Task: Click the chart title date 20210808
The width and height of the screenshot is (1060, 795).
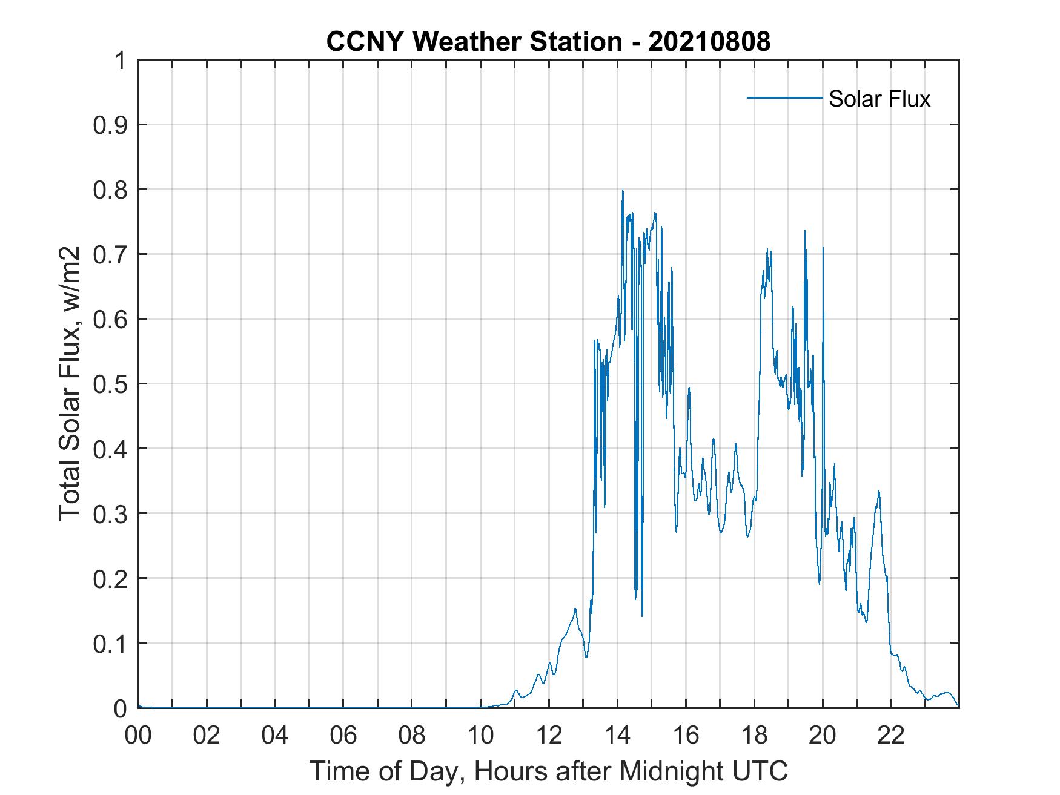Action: click(x=709, y=42)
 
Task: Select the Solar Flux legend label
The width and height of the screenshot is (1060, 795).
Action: click(x=879, y=99)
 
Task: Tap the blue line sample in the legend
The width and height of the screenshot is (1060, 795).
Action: click(x=784, y=97)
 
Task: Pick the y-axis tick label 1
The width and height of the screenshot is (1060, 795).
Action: click(x=121, y=61)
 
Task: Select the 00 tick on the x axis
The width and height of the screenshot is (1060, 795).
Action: click(x=138, y=736)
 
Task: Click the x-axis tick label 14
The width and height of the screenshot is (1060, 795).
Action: click(x=617, y=736)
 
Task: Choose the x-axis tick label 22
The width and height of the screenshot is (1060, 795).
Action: click(x=891, y=736)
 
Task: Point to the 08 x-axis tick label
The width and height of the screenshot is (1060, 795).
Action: click(x=412, y=736)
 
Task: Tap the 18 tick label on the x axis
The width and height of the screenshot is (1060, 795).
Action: click(x=754, y=736)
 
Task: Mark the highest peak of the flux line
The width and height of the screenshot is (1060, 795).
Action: click(x=622, y=191)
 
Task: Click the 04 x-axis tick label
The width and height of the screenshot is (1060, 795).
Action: click(x=275, y=736)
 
